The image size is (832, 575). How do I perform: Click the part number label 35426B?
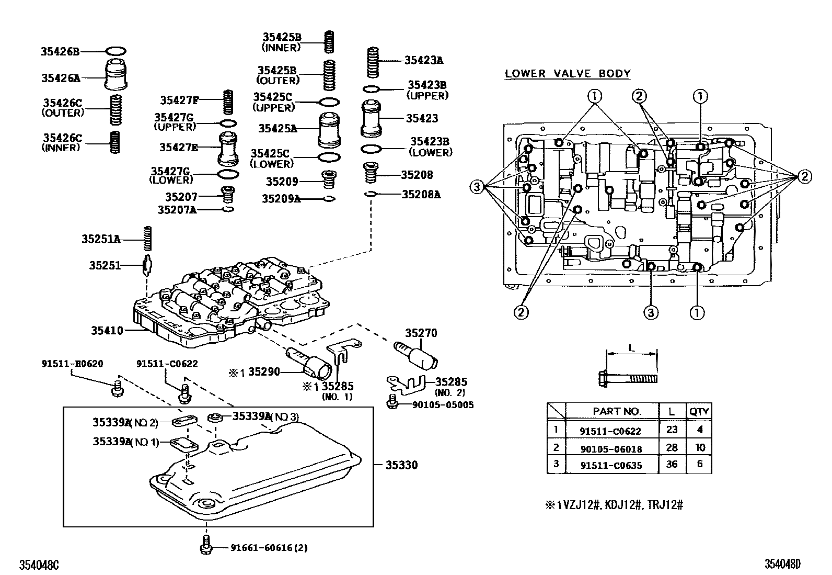(60, 51)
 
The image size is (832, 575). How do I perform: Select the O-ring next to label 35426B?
(116, 51)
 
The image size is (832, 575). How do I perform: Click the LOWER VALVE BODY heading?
(568, 74)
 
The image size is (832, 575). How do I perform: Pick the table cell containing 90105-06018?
(610, 448)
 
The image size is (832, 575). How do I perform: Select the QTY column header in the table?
(699, 411)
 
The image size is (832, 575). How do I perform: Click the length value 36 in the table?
(672, 464)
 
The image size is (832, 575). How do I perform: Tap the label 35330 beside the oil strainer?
(401, 465)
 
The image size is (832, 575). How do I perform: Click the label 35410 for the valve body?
(107, 330)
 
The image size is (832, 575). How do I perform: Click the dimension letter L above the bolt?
(631, 347)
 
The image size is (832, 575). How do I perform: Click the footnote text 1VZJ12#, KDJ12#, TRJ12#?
(620, 505)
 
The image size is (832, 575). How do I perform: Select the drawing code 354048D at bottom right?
(782, 564)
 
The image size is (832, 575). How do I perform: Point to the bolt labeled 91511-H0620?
(118, 388)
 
